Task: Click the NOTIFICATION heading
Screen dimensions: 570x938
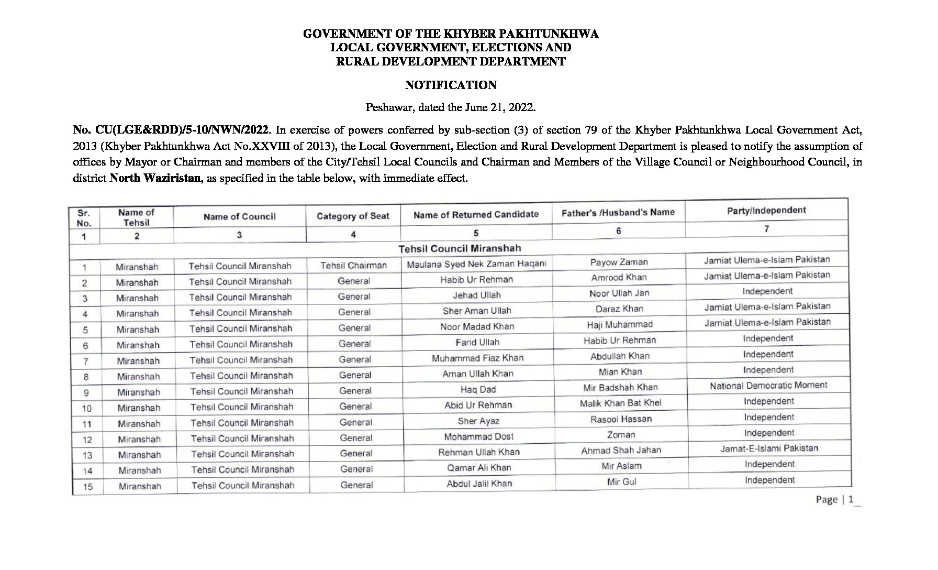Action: [451, 85]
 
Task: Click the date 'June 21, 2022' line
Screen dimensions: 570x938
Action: [451, 107]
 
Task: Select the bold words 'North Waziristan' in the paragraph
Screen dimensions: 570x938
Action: [155, 178]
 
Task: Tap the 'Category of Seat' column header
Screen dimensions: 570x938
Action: [353, 216]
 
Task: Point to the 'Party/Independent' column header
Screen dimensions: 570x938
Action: [766, 211]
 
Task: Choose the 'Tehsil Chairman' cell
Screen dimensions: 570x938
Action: [353, 266]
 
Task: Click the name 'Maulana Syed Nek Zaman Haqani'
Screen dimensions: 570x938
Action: [476, 264]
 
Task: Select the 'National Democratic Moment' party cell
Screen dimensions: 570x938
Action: [768, 386]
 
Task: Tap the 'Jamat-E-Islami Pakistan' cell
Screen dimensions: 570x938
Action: [769, 448]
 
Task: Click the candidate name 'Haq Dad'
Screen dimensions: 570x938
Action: [478, 390]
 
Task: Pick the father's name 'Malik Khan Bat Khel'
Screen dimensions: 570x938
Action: [620, 403]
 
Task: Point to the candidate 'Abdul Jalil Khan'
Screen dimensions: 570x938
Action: [479, 484]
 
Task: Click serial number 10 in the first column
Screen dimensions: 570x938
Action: [87, 408]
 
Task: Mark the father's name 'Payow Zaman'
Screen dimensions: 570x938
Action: [619, 262]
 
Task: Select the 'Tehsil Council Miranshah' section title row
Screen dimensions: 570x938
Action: [460, 248]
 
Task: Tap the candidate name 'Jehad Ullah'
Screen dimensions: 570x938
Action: [477, 295]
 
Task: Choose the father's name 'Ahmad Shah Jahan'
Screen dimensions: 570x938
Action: [621, 450]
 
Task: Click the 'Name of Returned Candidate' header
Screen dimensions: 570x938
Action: [476, 214]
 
